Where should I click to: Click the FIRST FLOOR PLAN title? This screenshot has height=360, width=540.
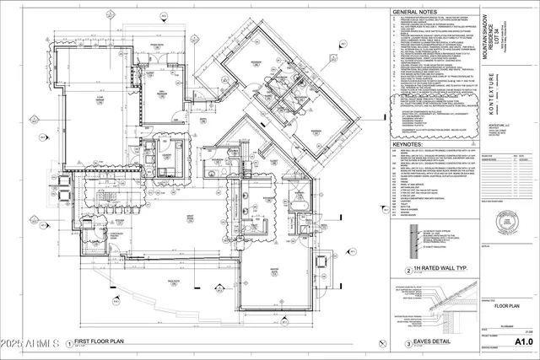105,343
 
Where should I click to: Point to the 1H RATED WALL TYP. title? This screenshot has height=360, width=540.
442,271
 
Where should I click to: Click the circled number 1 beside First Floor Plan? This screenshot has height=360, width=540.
68,344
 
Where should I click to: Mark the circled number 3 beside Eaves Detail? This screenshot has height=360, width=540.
409,344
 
